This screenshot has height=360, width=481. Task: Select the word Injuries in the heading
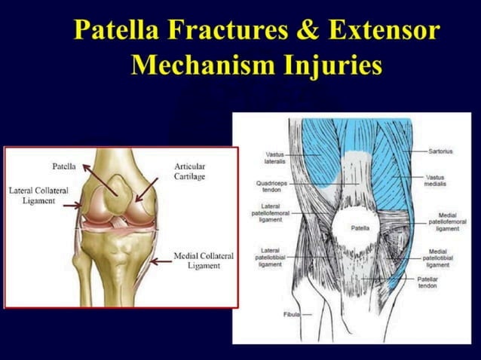[x=332, y=68]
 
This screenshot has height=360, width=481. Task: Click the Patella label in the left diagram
[x=63, y=165]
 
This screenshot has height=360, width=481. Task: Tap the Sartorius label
[x=440, y=151]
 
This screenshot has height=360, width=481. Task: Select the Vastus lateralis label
[x=274, y=157]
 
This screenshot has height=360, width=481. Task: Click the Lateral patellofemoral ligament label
[x=270, y=214]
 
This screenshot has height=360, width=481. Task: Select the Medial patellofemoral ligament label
[x=444, y=222]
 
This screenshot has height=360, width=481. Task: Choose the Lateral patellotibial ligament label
[x=270, y=258]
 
